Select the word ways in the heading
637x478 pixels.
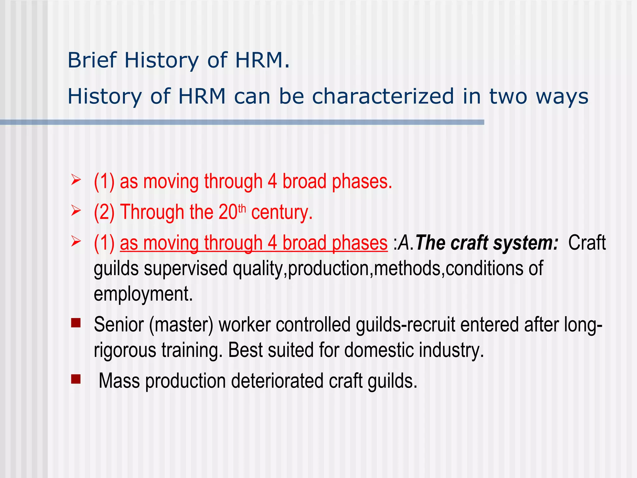562,97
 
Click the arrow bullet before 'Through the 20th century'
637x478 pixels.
76,211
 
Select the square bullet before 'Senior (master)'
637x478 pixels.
76,323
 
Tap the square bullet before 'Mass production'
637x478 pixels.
76,379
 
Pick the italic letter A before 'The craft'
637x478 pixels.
404,243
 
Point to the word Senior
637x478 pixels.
119,325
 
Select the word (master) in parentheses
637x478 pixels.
181,325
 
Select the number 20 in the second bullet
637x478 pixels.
228,213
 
